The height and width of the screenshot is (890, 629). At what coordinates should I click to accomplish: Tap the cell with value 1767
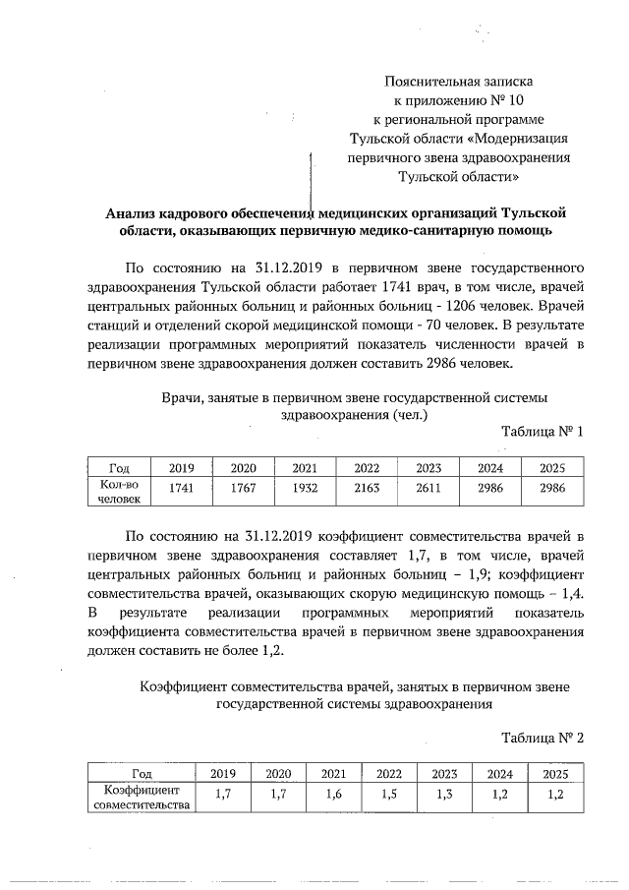tap(243, 487)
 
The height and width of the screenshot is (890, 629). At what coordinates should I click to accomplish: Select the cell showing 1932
tap(305, 487)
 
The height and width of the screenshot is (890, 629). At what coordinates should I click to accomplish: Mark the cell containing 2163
tap(366, 487)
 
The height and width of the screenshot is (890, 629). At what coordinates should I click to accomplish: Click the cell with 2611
tap(429, 487)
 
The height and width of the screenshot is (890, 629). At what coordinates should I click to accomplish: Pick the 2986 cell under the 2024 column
tap(490, 487)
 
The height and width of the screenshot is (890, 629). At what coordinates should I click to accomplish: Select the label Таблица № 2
tap(543, 738)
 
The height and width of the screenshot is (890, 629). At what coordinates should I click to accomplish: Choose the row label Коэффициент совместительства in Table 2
tap(142, 798)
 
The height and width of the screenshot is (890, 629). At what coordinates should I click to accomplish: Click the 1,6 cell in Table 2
tap(333, 795)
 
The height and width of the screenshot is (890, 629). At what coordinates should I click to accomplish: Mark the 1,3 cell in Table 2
tap(443, 795)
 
